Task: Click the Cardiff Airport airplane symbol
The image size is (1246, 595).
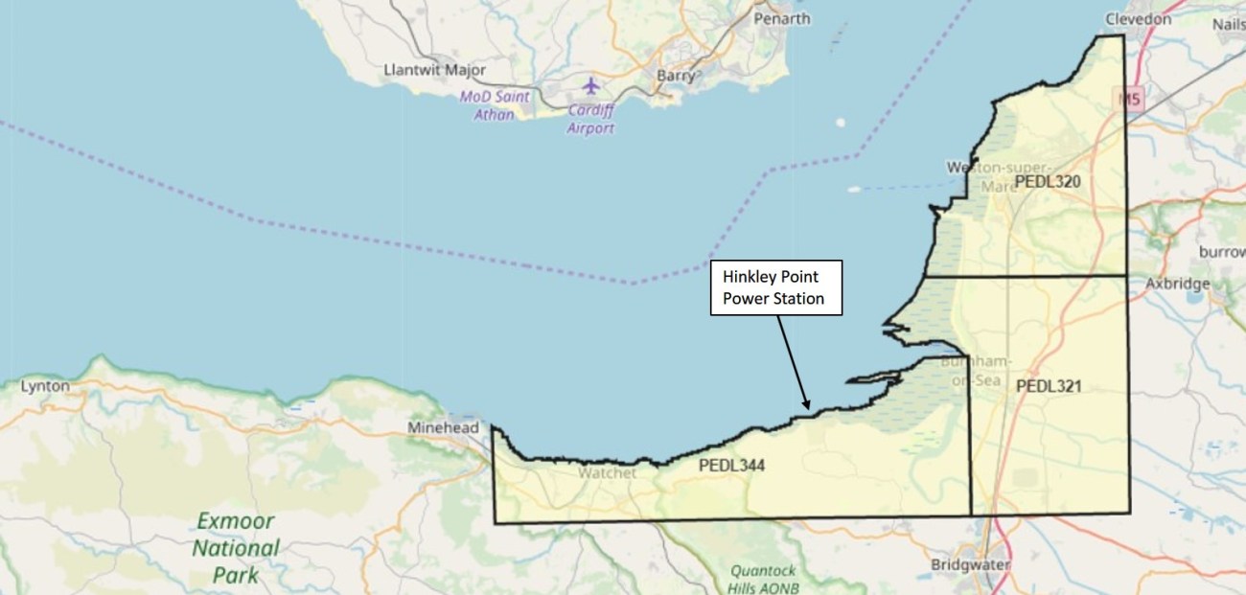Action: (590, 86)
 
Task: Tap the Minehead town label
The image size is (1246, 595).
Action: (443, 428)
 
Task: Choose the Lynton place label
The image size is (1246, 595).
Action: (45, 386)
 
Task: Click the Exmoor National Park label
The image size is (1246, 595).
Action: (236, 549)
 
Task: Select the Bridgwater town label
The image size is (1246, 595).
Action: (971, 565)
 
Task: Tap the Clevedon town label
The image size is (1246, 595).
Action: (1138, 18)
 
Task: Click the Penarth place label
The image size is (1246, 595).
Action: (782, 18)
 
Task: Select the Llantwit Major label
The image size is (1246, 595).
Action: (434, 70)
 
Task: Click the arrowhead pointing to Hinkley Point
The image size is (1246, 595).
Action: (809, 404)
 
